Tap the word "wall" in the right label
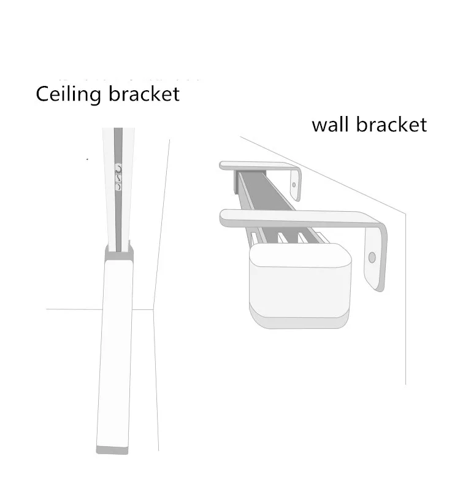click(x=331, y=125)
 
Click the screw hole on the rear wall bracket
click(x=294, y=183)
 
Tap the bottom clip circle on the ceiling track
click(x=118, y=187)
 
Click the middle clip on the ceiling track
click(x=118, y=177)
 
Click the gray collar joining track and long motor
click(x=118, y=249)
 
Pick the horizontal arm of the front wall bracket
click(x=294, y=217)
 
